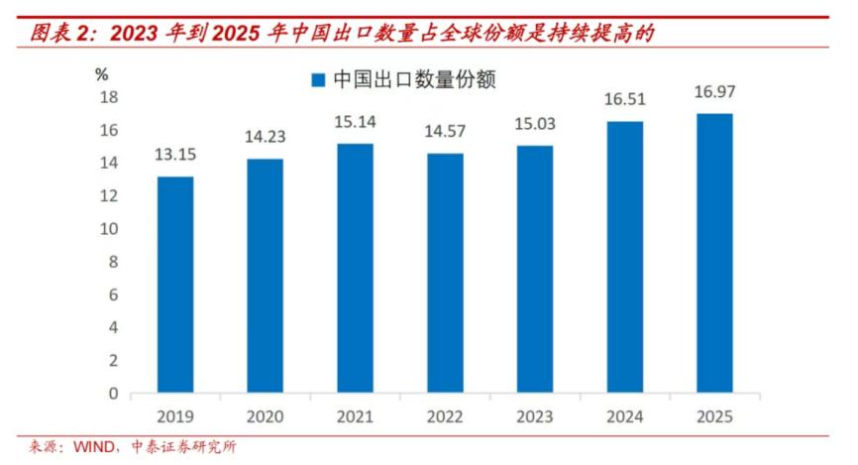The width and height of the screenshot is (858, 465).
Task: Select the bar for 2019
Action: pos(175,284)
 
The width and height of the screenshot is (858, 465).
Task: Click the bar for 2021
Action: pos(355,268)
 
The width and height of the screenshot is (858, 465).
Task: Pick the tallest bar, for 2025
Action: pos(713,253)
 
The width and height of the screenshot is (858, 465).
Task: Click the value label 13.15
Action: pos(175,157)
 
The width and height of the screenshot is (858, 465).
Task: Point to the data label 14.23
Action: pos(265,139)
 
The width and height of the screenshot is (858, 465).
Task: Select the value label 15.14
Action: pos(355,124)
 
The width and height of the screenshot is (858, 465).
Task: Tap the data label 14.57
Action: pos(445,133)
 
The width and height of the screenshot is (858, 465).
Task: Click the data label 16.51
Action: pos(624,100)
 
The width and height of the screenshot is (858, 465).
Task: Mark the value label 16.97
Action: pos(714,93)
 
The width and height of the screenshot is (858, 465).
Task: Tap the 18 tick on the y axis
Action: pos(110,97)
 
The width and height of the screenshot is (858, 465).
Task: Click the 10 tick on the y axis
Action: pos(110,228)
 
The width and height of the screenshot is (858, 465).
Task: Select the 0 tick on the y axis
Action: pos(114,393)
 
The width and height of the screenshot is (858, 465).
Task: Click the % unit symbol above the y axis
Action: pos(101,73)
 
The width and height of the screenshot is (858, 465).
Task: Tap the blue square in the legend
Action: pos(318,79)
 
